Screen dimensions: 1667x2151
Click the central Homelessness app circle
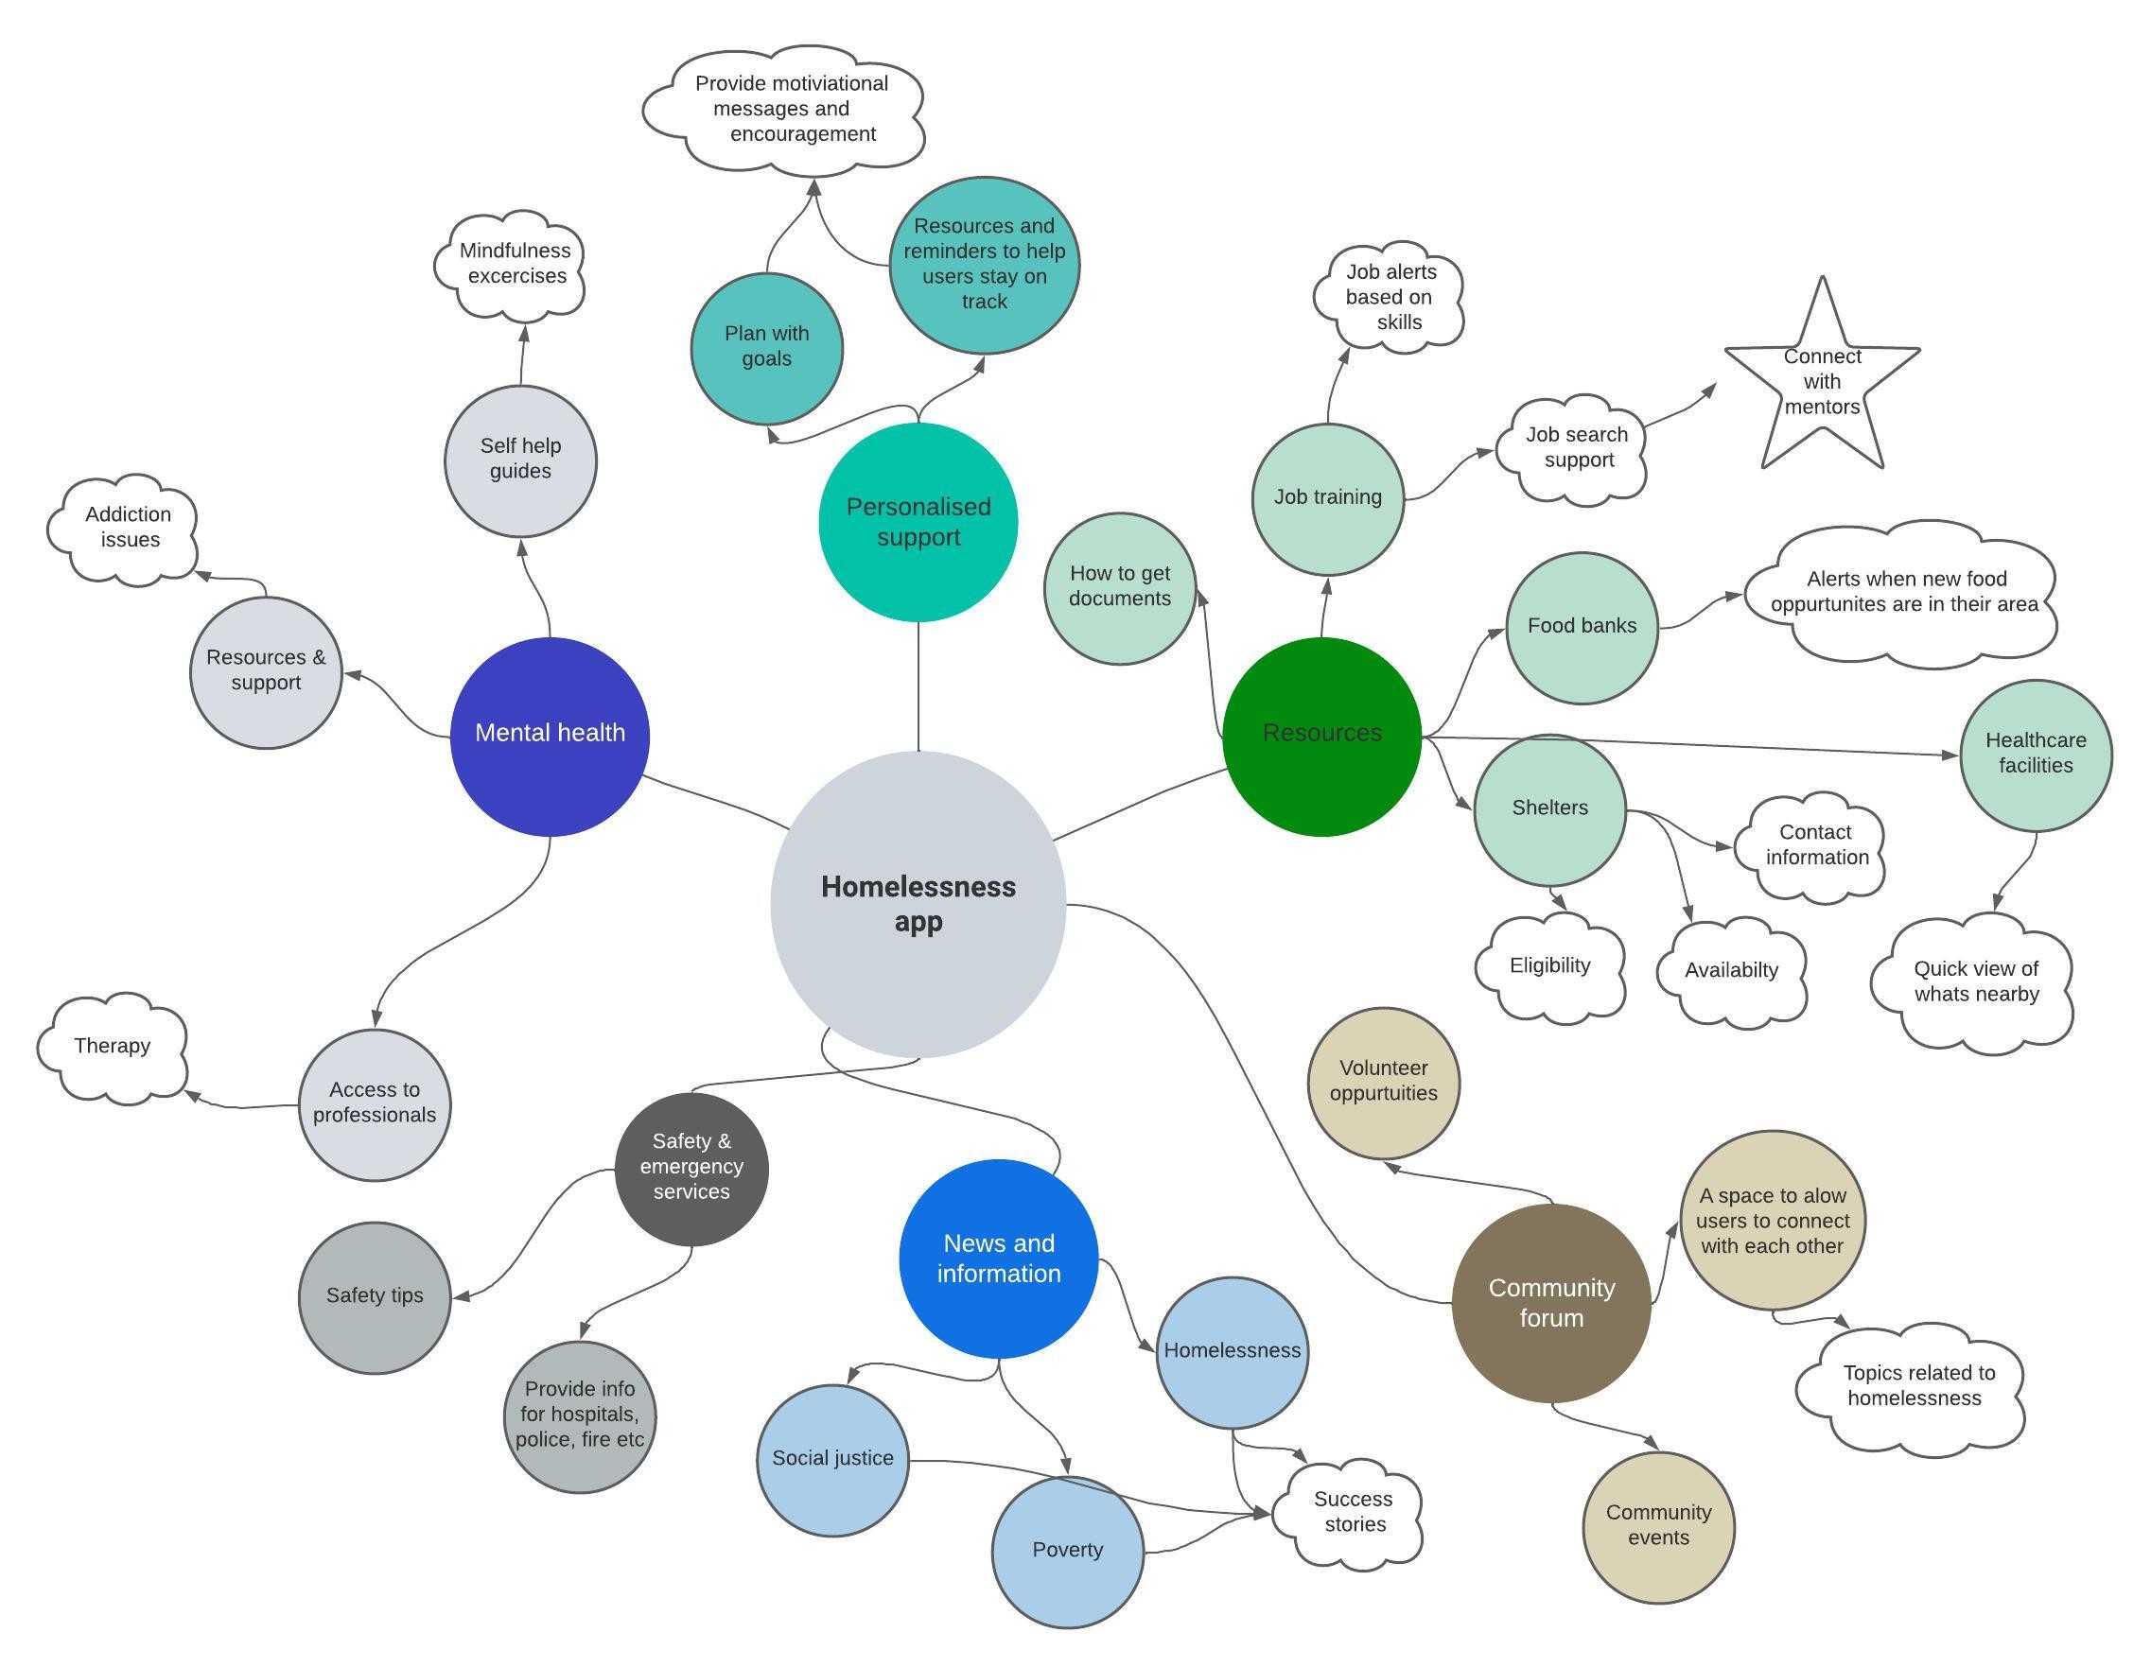918,904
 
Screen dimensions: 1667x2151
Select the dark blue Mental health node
550,736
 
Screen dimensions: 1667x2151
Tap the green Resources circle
1321,736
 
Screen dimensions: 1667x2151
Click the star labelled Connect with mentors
1822,384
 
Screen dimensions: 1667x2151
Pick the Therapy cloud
113,1047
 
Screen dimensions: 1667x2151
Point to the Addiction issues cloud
126,529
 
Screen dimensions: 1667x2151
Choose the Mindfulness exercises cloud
512,264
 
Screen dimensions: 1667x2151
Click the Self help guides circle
520,460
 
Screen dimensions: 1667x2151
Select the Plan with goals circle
766,348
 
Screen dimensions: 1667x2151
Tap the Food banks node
1582,627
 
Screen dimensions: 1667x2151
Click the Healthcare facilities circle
2035,755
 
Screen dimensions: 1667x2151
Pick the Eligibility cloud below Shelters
1550,967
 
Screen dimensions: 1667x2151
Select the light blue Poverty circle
1067,1551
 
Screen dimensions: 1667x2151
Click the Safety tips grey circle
375,1296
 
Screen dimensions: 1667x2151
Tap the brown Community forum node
1551,1303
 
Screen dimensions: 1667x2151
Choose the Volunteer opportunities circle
1383,1082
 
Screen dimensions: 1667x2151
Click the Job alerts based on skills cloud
1390,297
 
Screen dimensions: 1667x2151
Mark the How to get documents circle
1120,588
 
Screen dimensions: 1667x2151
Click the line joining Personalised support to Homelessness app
918,686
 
